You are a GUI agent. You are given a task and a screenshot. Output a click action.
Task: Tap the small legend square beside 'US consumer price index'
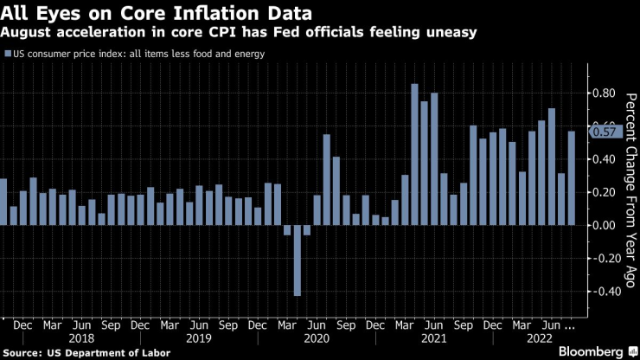click(x=8, y=55)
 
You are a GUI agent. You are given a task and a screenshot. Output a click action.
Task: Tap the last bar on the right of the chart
click(x=571, y=178)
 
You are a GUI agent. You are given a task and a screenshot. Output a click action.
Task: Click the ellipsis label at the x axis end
click(x=572, y=326)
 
